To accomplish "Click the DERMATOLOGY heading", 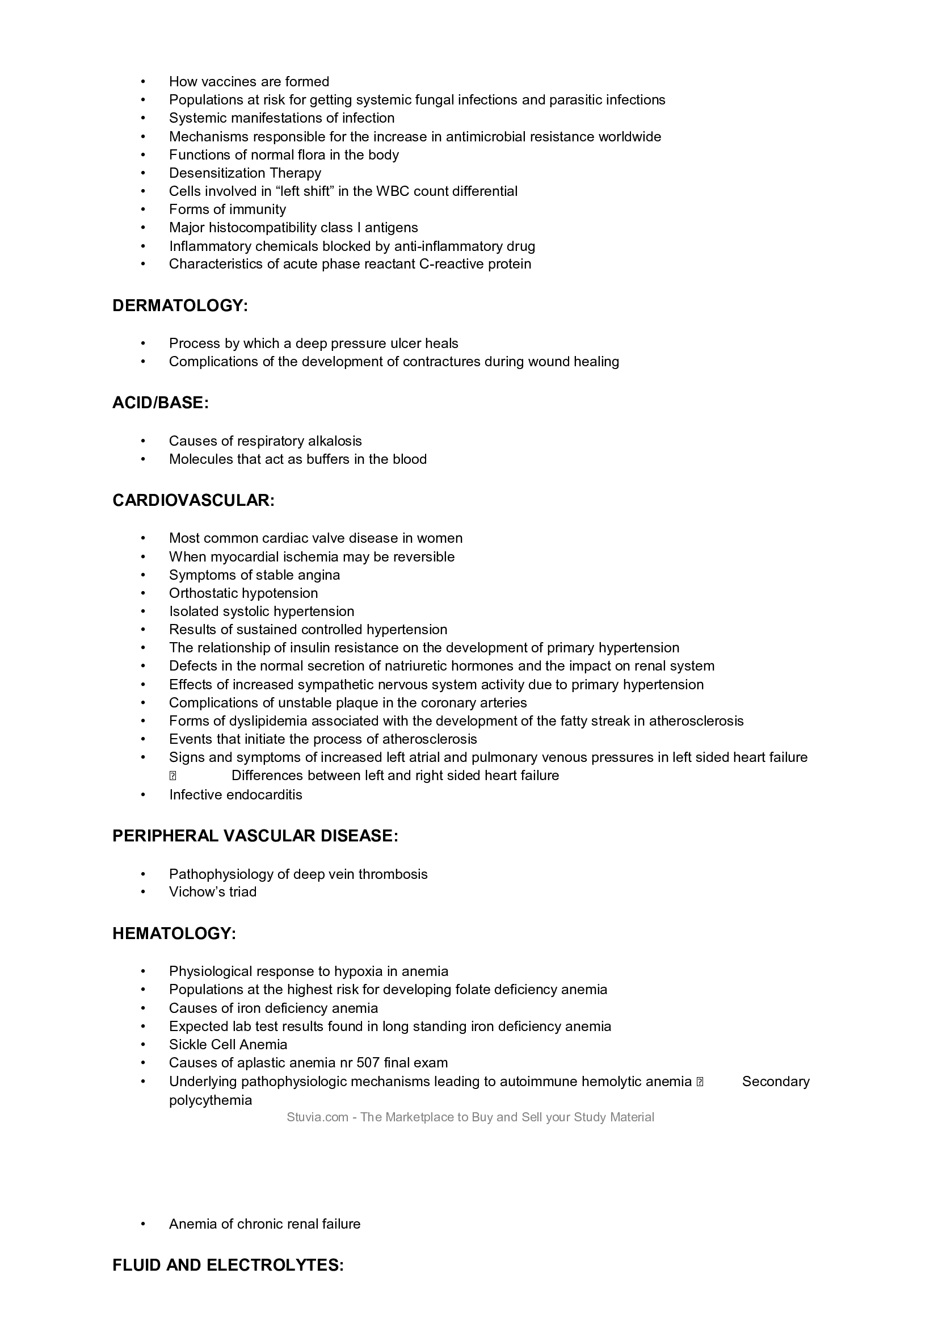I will click(x=180, y=305).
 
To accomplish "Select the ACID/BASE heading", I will click(x=160, y=403).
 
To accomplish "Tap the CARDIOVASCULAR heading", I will click(x=193, y=500).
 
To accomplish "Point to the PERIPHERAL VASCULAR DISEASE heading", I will click(x=255, y=836).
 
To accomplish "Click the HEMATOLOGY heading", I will click(x=174, y=933).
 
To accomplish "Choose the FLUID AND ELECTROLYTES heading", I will click(x=228, y=1265).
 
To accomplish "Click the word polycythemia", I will click(x=211, y=1100).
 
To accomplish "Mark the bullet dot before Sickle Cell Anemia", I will click(x=144, y=1045).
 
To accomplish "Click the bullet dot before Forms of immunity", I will click(x=144, y=210).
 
